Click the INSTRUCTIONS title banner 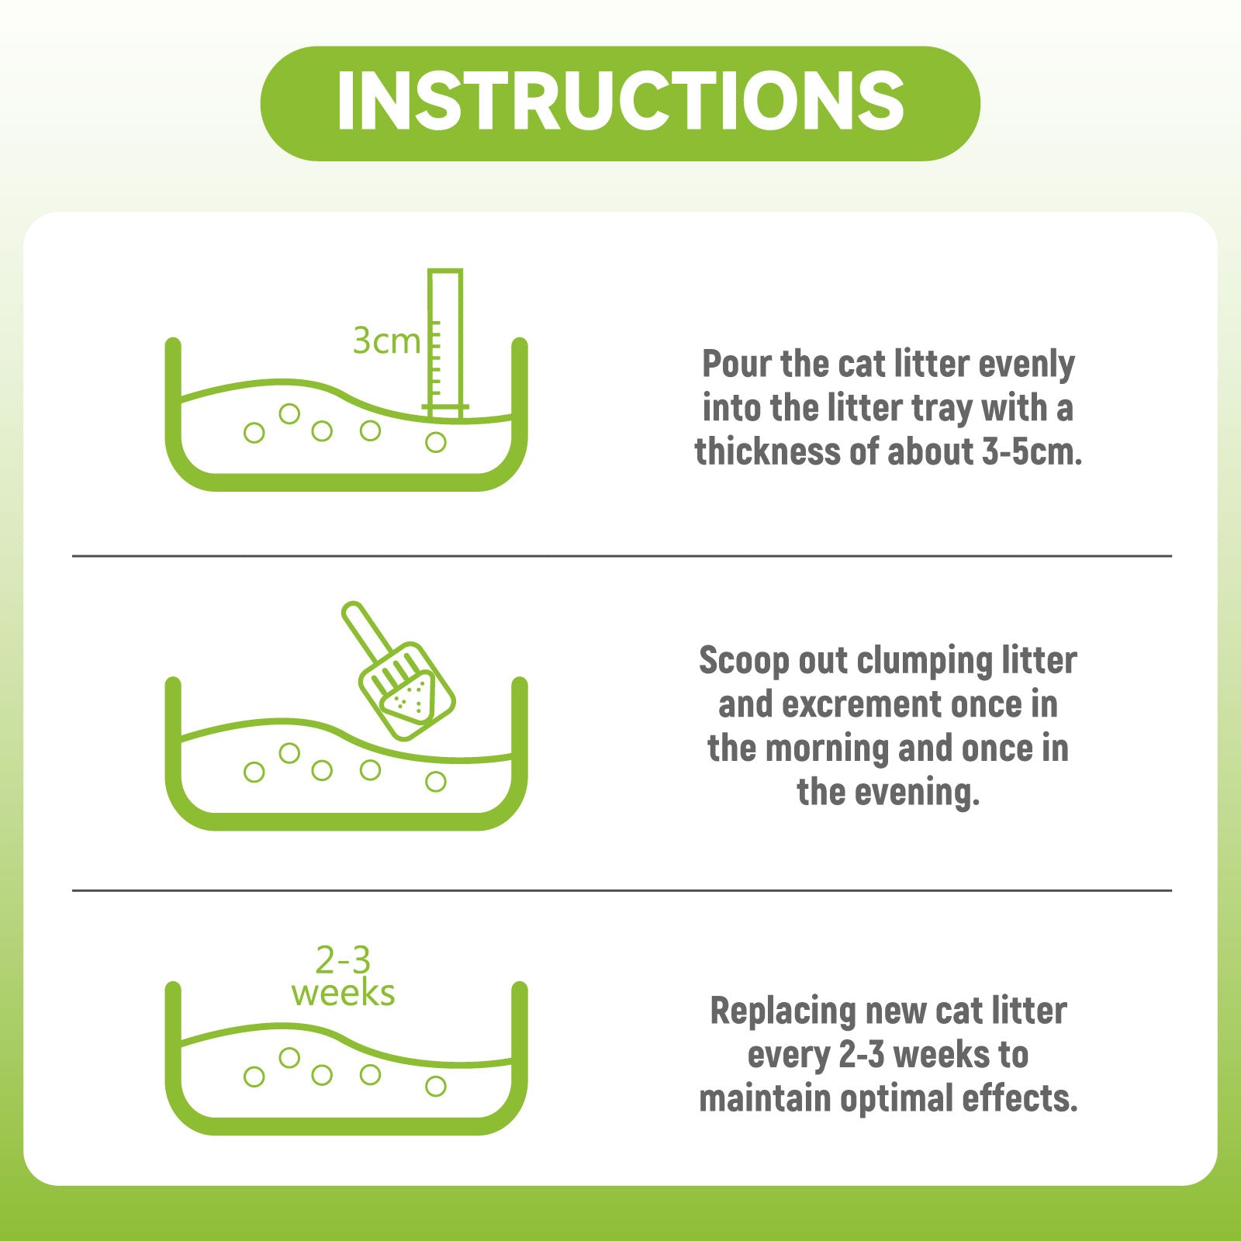(620, 103)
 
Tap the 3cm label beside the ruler (386, 340)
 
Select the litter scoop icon (398, 671)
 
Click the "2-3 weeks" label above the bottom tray (343, 977)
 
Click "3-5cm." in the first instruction (1032, 452)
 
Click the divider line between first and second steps (622, 556)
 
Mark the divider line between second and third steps (622, 891)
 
